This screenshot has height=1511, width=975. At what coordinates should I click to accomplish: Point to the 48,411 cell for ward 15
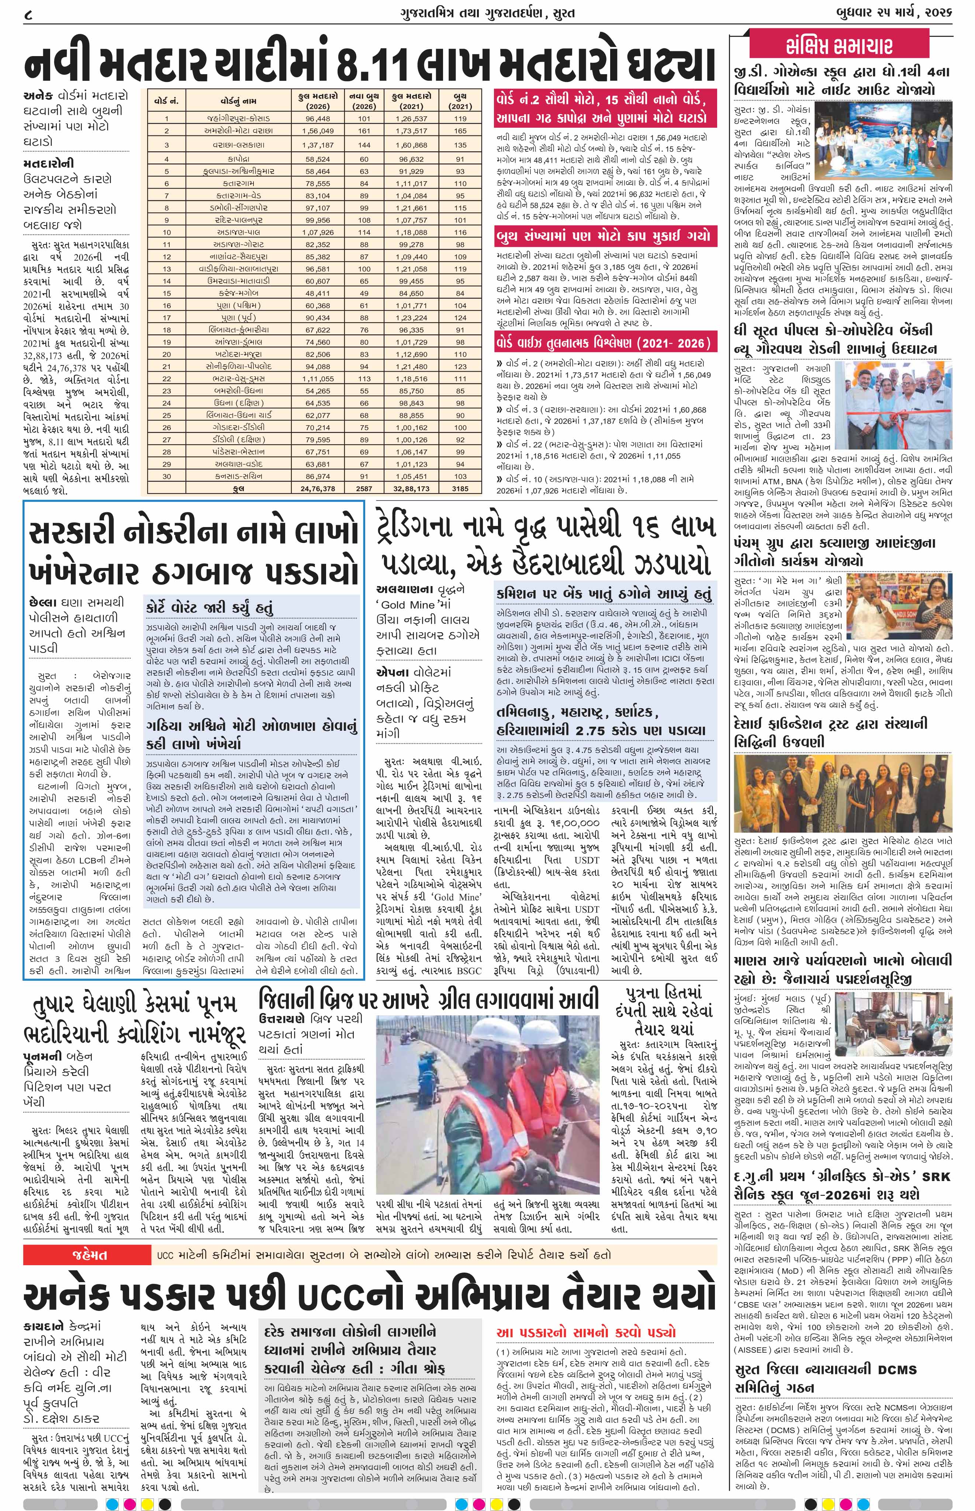point(318,293)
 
